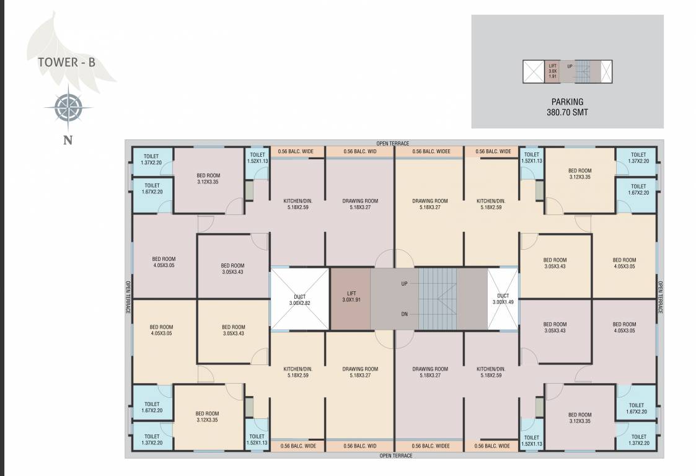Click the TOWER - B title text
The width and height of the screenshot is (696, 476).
(x=66, y=62)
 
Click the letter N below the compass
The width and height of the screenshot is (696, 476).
(x=68, y=140)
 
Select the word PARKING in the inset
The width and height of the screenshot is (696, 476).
(x=567, y=102)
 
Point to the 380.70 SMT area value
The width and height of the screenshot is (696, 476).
(x=567, y=113)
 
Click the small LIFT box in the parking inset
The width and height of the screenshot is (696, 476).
(x=552, y=71)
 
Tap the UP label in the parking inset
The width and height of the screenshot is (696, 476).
(x=570, y=66)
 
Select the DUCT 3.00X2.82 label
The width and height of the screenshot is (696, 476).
(x=300, y=300)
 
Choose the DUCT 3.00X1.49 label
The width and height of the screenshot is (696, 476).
(x=503, y=299)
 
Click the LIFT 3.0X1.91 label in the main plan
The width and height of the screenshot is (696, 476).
(x=351, y=297)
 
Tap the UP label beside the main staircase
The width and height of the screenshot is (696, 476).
(x=404, y=284)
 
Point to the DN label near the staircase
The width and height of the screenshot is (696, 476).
(x=404, y=314)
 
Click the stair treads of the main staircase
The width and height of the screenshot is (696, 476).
(x=438, y=298)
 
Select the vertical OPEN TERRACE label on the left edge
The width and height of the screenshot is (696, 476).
(x=128, y=297)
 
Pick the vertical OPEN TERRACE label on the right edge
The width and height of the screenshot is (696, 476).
(x=660, y=297)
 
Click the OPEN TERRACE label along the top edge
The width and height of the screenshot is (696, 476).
(x=393, y=143)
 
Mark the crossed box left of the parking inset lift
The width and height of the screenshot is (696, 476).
(x=532, y=71)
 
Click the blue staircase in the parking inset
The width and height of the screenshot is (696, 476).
(x=583, y=71)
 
